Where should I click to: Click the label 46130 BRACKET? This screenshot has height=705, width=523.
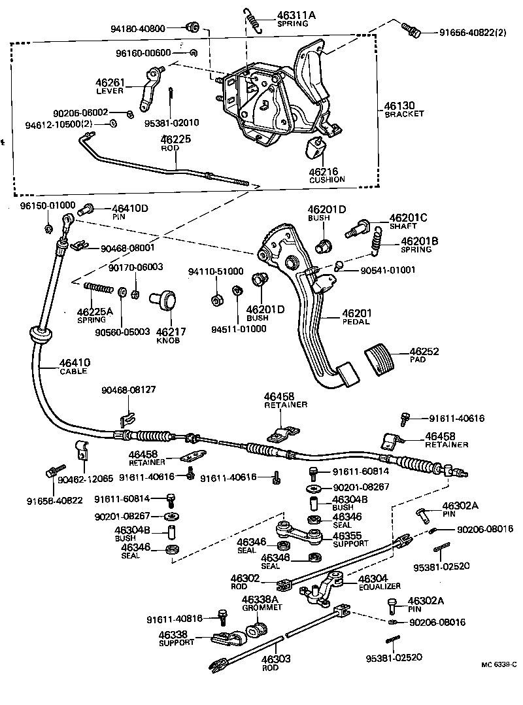point(404,109)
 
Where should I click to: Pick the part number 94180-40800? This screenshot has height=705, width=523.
point(139,28)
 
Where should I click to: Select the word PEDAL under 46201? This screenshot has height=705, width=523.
point(356,322)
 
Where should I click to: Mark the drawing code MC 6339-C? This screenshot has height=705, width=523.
point(498,664)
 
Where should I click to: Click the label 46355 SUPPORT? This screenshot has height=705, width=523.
point(350,539)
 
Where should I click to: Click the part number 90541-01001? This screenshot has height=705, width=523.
point(386,270)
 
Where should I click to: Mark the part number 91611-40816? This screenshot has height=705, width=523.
point(175,618)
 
